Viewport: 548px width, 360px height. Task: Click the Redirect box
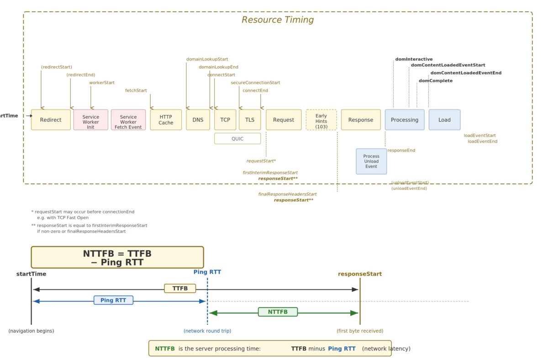[51, 120]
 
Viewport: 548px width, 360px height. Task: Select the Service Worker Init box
[90, 120]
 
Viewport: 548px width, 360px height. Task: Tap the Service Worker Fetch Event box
[128, 120]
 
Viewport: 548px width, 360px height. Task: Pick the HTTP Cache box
[166, 120]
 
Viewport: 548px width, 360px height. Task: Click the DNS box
[198, 120]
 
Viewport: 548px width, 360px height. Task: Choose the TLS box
[250, 120]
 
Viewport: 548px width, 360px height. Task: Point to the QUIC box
[237, 139]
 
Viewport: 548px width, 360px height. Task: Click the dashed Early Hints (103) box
[321, 120]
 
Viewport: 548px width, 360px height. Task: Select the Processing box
[405, 120]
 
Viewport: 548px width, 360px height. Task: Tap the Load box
[444, 120]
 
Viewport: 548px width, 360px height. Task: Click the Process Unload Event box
[371, 161]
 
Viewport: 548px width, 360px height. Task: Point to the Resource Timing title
[278, 20]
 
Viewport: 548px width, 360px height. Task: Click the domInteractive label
[414, 59]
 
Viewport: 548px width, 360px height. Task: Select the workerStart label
[102, 83]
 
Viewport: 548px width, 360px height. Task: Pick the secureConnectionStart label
[255, 83]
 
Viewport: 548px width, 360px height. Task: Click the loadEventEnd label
[482, 141]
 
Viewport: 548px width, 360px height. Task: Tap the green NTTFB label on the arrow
[278, 312]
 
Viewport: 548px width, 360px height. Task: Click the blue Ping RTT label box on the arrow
[113, 300]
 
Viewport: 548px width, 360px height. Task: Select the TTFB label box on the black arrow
[180, 288]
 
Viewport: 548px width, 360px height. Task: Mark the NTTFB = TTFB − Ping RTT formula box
[117, 257]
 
